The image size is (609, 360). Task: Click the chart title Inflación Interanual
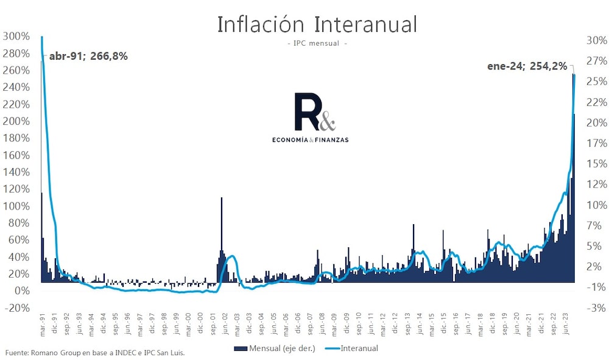[317, 25]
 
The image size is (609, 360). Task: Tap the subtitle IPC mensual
[317, 44]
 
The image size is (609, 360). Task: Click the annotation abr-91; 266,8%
[88, 56]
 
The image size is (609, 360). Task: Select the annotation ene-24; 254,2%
[527, 66]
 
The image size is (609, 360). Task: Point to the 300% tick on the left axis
[15, 36]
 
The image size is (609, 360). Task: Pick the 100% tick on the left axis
[15, 206]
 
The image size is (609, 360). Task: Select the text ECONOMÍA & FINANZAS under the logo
[314, 139]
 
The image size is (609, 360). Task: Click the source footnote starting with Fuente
[94, 353]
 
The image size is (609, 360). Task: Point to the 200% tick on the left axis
[15, 121]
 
